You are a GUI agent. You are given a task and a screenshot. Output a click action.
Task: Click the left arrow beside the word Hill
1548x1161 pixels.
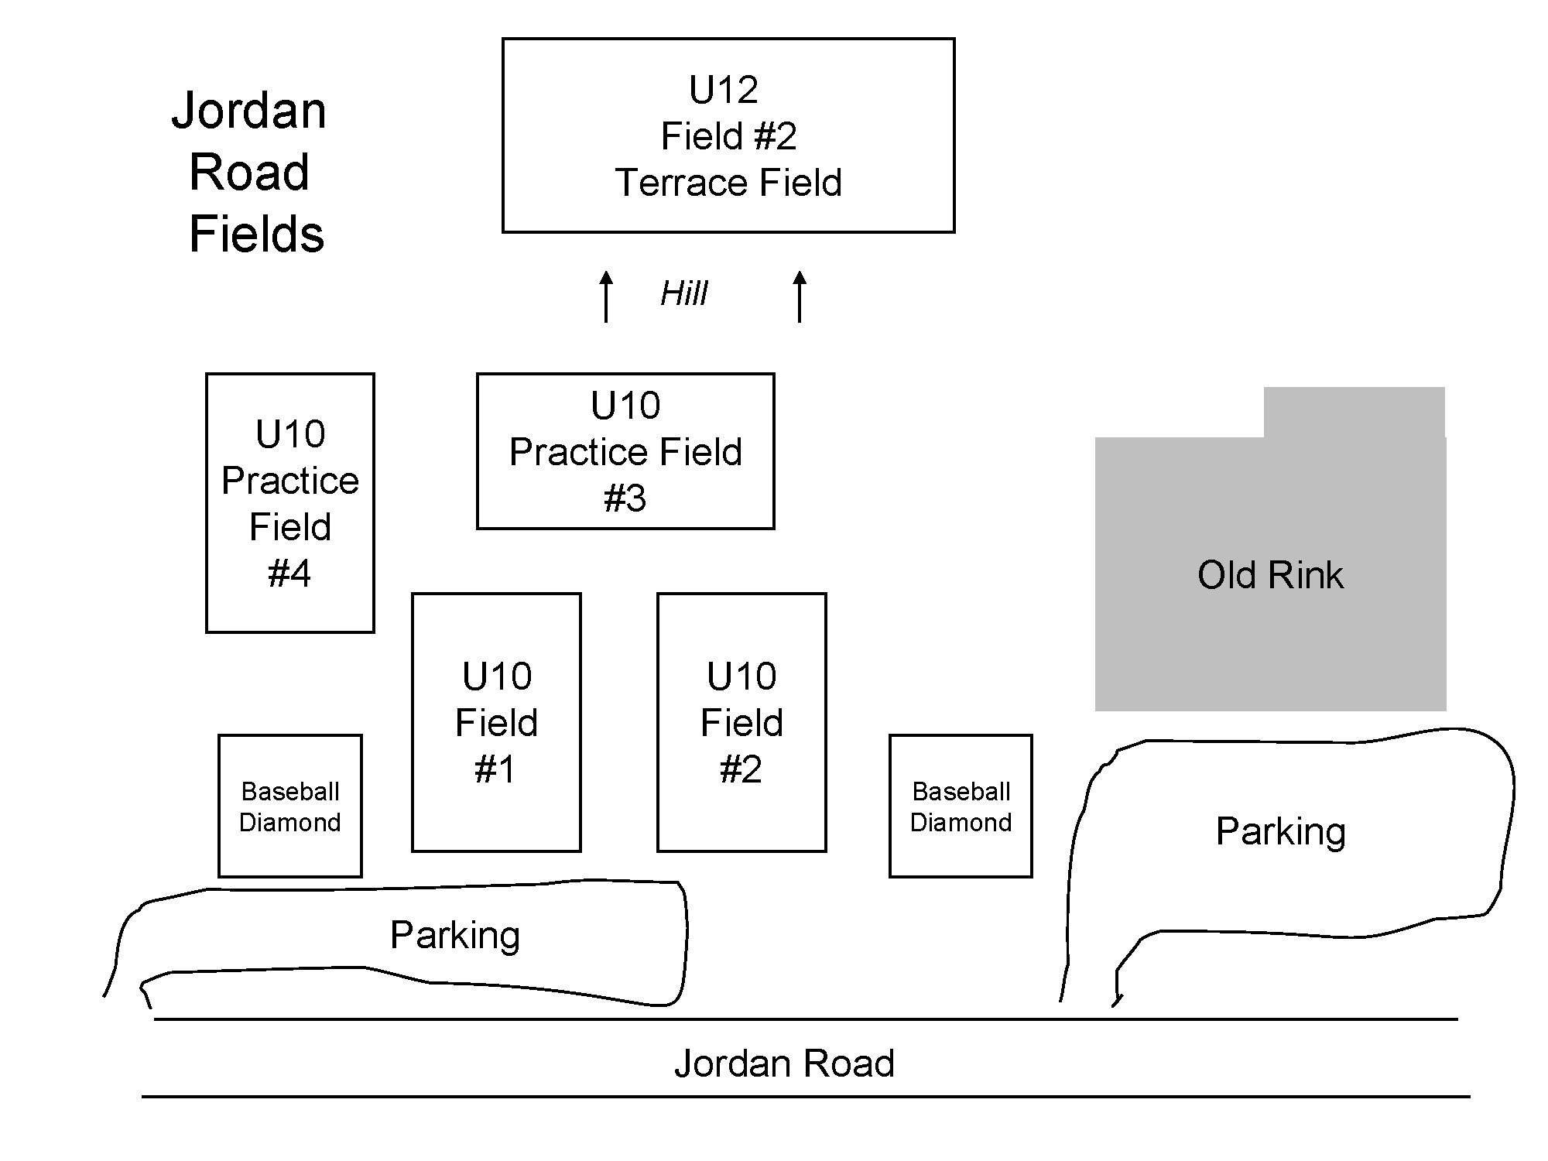[x=607, y=296]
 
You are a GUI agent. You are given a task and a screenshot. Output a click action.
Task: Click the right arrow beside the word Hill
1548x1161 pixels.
[x=800, y=296]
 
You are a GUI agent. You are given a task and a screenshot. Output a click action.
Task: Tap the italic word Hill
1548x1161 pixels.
[x=683, y=294]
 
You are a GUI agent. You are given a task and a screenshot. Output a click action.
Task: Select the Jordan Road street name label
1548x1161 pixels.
[x=784, y=1063]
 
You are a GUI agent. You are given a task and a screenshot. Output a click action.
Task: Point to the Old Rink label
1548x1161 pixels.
[x=1270, y=575]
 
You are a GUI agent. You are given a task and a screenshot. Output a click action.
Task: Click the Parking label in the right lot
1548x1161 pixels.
[x=1280, y=832]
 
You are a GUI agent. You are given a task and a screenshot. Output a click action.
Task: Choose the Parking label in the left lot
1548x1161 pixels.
[x=454, y=935]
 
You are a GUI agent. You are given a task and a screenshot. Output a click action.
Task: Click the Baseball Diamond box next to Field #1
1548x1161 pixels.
[x=290, y=806]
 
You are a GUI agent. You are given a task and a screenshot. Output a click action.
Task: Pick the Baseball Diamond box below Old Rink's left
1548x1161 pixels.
[x=961, y=806]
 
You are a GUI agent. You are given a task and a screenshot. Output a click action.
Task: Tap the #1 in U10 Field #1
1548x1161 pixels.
[x=495, y=769]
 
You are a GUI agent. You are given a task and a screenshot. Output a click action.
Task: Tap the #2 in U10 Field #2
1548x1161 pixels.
[x=741, y=769]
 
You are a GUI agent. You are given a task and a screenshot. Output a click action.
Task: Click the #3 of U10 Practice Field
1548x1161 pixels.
[x=625, y=498]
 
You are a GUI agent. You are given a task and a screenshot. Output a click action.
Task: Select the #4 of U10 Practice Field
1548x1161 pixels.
[x=289, y=574]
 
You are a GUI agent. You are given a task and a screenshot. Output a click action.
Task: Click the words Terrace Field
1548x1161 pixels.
[x=728, y=183]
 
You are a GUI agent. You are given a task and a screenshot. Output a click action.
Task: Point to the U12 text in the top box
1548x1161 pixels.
[x=724, y=90]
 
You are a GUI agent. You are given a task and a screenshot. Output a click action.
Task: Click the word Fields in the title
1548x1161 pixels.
[x=256, y=234]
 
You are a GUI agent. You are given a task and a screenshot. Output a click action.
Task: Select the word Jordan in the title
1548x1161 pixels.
[x=248, y=112]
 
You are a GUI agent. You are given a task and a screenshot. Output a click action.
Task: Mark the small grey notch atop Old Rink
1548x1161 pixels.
[x=1354, y=412]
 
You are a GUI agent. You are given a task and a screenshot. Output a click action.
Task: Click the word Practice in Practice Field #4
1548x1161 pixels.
[x=290, y=481]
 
